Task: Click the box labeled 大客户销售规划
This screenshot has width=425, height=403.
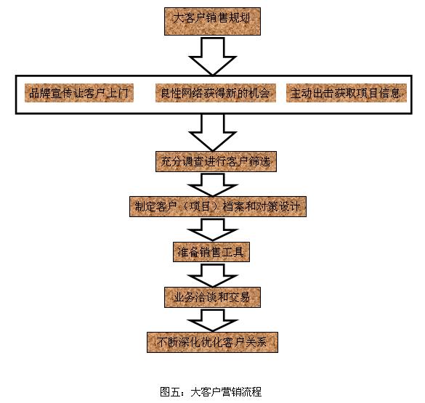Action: pos(212,21)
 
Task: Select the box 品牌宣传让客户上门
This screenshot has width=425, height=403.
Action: pos(79,93)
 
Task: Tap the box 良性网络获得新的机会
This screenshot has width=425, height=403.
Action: pos(216,93)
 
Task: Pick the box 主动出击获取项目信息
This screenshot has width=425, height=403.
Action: pos(347,93)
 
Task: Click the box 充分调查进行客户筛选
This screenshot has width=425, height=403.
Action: pos(216,161)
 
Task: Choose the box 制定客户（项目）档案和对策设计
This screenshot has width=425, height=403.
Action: pos(218,207)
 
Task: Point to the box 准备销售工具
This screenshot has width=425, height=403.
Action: pos(211,252)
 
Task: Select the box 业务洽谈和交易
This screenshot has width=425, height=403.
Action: pos(212,297)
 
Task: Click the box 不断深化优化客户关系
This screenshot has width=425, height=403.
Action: pos(212,342)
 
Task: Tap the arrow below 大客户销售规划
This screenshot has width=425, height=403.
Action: pos(212,56)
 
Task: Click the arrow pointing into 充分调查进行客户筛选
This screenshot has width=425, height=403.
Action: pos(212,133)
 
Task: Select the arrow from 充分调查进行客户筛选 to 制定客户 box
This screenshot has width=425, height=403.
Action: pos(212,185)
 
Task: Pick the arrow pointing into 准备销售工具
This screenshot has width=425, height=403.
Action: pos(212,230)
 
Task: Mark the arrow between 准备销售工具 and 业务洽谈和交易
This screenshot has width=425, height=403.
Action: pos(212,275)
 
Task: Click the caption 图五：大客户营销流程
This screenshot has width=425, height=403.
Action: pos(211,392)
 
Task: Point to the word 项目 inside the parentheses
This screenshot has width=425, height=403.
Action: pos(200,207)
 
